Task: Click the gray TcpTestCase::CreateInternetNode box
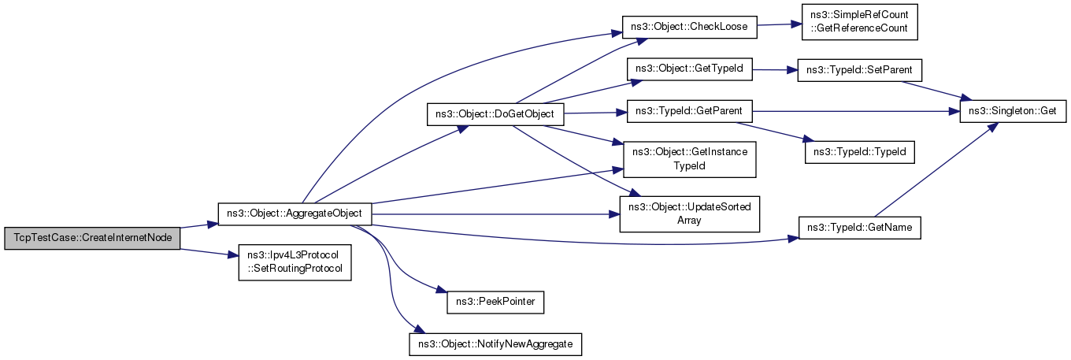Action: click(92, 238)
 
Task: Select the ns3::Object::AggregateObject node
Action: click(295, 213)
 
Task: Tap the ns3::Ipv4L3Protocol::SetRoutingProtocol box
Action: click(295, 262)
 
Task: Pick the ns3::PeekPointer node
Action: click(495, 302)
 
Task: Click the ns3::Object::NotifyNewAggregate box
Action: click(495, 344)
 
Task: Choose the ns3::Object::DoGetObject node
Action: click(495, 115)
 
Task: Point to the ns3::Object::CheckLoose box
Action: click(690, 28)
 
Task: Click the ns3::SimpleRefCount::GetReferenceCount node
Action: click(860, 22)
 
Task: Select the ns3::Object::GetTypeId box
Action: click(690, 69)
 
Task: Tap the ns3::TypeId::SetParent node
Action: click(860, 70)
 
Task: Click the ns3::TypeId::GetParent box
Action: click(690, 111)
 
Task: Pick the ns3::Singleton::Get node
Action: click(1013, 111)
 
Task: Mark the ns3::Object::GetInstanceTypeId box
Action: click(690, 159)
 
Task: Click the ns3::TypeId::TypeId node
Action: click(860, 152)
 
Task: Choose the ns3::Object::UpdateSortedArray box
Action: click(690, 214)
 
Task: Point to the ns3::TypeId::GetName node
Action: click(860, 228)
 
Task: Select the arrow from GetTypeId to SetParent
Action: click(775, 70)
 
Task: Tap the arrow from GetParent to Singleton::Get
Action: click(856, 111)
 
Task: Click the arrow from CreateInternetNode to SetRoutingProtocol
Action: click(209, 253)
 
